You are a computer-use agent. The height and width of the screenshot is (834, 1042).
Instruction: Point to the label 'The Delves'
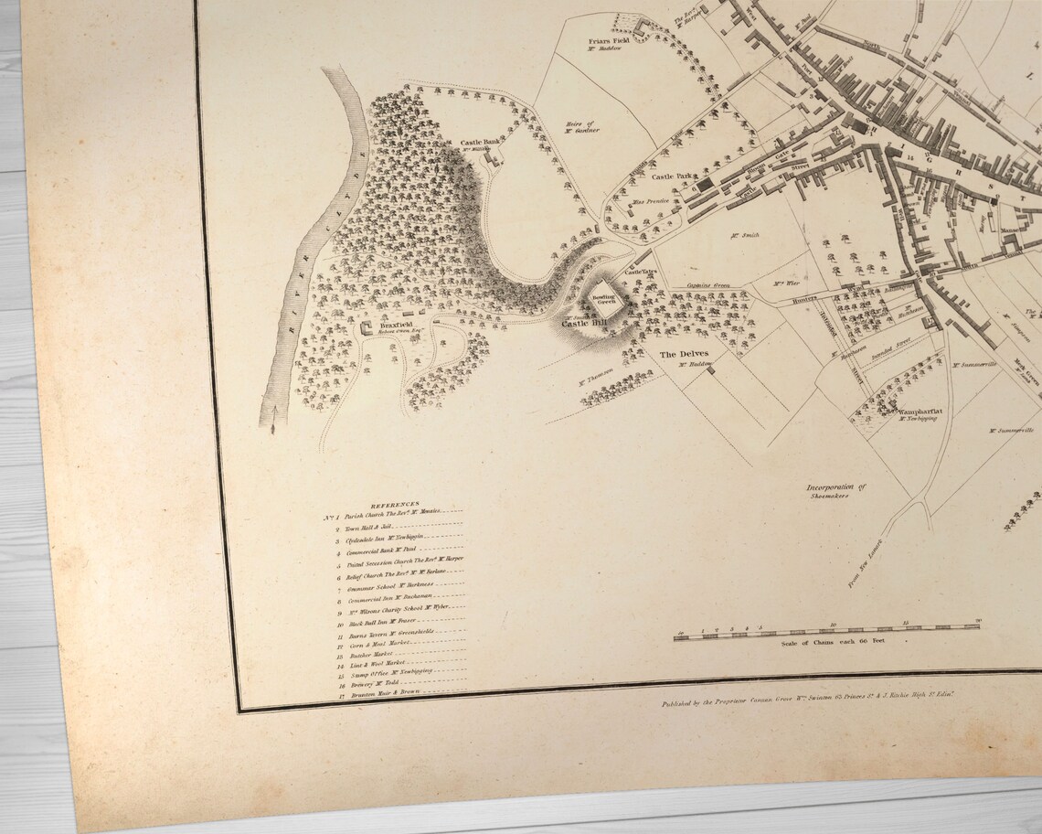pos(684,354)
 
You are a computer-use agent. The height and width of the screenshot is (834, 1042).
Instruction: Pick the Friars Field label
pos(609,40)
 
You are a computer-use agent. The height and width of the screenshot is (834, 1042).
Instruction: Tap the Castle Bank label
pos(480,142)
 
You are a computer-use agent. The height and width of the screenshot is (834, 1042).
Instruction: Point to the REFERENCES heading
pos(394,504)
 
